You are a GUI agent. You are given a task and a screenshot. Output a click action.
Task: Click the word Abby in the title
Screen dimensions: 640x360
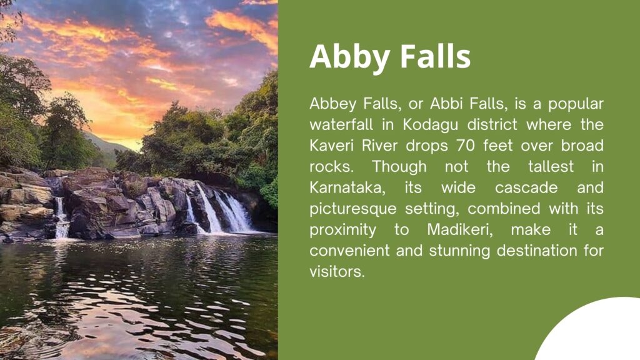pos(349,57)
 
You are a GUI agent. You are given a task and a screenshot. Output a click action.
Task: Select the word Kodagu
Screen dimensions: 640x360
pos(430,125)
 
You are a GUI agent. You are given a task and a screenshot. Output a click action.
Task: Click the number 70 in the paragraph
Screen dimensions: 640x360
pos(466,146)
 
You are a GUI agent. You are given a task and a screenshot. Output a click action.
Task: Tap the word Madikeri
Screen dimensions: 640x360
pos(460,230)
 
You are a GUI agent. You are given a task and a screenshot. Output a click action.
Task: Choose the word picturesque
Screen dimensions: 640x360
pos(353,209)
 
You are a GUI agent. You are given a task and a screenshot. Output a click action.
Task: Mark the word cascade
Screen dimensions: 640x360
pos(526,188)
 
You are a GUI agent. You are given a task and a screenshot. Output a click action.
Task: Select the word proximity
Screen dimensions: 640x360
pos(343,231)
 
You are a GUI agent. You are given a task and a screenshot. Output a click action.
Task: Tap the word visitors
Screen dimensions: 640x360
pos(337,272)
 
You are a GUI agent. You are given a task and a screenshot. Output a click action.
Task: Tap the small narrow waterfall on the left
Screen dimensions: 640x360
pos(61,217)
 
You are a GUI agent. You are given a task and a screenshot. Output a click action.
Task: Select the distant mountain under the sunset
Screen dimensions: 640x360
pos(107,145)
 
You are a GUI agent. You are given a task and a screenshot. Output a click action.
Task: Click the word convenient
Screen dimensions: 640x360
pos(349,251)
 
